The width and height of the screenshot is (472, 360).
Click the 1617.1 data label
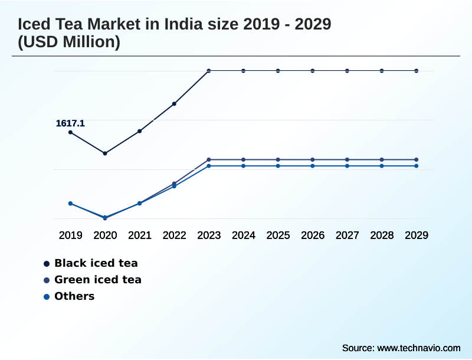(70, 123)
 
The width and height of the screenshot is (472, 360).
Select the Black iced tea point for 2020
(105, 153)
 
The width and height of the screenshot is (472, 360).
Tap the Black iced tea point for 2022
(174, 104)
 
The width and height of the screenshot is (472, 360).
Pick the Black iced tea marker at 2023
(209, 71)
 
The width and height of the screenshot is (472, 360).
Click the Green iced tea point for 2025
(278, 159)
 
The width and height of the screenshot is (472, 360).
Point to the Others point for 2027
(347, 166)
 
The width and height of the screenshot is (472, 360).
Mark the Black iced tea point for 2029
(417, 71)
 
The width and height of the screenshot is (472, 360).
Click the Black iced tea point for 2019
(70, 132)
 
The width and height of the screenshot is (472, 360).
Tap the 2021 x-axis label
(140, 235)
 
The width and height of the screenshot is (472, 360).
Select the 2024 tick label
(243, 235)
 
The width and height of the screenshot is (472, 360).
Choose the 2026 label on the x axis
(313, 235)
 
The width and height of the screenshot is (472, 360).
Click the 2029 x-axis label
(417, 235)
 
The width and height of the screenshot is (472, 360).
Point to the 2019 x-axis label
(70, 235)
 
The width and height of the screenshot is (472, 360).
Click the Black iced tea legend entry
(96, 263)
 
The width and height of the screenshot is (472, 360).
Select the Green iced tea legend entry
(97, 280)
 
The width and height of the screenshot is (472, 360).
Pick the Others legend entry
(74, 296)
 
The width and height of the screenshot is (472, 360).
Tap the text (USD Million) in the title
(69, 42)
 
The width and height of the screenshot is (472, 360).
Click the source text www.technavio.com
(419, 348)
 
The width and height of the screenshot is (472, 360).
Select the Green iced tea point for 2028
(382, 159)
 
